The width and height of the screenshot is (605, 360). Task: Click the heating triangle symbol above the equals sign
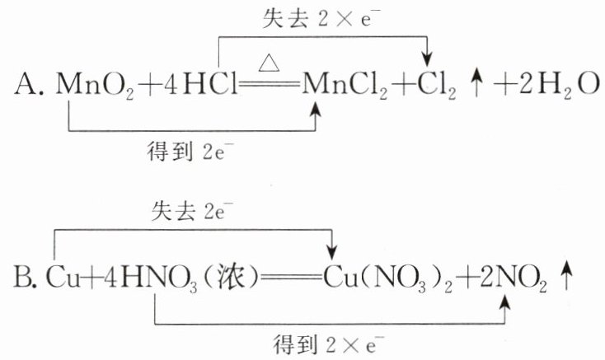[269, 63]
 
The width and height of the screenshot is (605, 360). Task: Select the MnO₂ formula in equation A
[95, 85]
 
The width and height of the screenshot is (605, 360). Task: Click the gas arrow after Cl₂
[476, 85]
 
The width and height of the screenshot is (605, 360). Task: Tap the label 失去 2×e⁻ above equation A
[317, 19]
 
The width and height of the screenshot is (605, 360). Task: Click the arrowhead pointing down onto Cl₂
[427, 60]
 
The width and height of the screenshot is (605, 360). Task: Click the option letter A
[27, 85]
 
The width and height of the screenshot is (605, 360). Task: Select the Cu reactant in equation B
[63, 278]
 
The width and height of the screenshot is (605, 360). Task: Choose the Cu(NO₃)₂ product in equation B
[387, 279]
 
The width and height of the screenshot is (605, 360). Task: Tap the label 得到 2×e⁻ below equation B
[329, 344]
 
